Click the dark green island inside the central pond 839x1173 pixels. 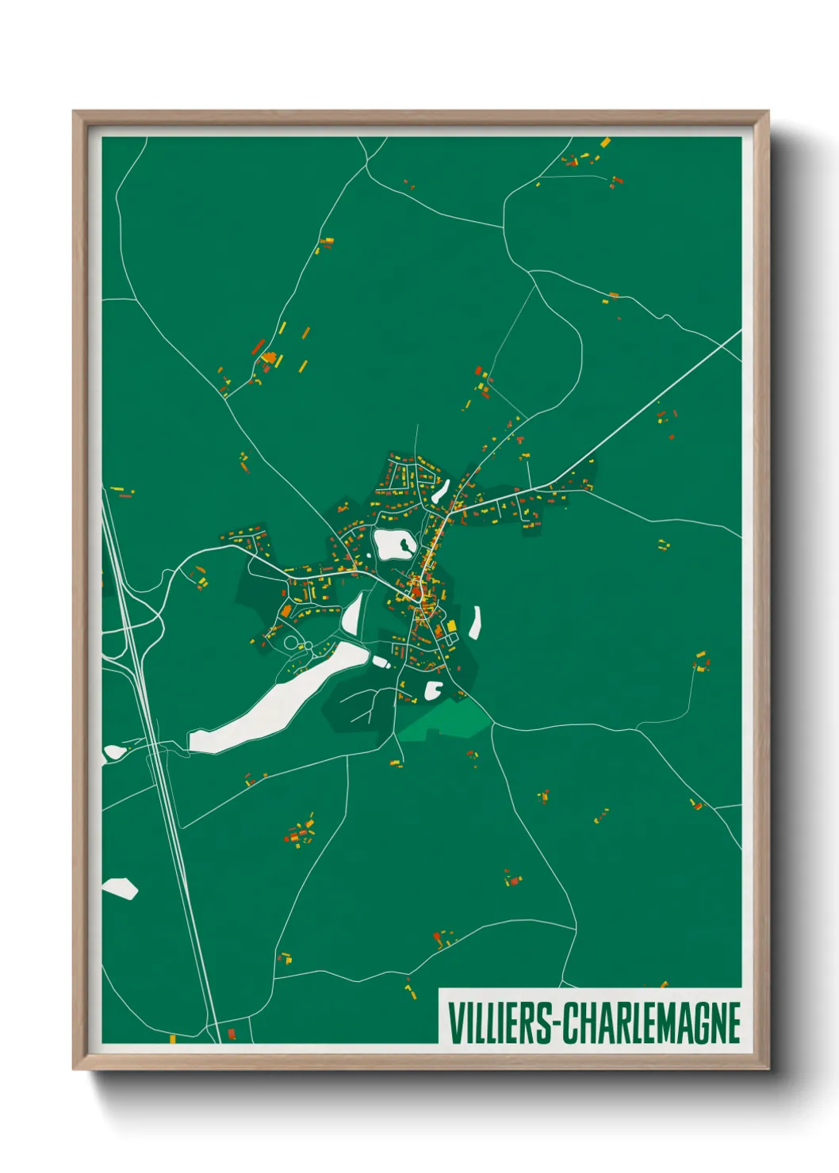405,544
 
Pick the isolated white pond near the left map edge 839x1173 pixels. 119,888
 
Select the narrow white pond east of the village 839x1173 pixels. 476,622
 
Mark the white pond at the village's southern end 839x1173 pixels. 434,690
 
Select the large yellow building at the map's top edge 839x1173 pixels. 605,143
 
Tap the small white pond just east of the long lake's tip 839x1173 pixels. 381,661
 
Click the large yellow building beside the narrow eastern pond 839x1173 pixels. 453,626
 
